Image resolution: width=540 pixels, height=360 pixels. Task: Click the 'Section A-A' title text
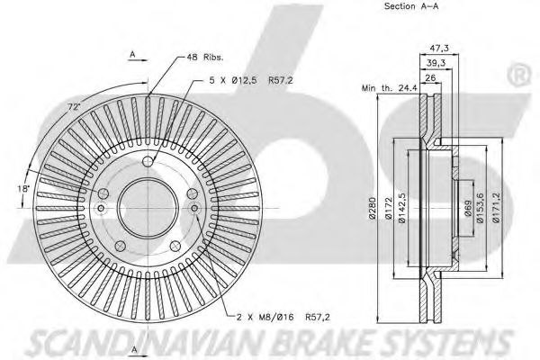pos(411,6)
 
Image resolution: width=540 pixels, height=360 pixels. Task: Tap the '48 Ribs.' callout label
pos(205,58)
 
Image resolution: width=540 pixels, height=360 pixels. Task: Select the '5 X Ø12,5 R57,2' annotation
pos(251,80)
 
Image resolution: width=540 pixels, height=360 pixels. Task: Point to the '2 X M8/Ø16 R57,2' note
pos(283,317)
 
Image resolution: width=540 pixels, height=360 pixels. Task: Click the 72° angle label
pos(74,107)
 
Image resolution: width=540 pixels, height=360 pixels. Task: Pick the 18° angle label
pos(23,188)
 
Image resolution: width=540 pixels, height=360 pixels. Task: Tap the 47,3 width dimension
pos(439,49)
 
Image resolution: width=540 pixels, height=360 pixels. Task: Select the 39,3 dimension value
pos(436,63)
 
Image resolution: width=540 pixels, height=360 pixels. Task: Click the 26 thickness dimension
pos(430,78)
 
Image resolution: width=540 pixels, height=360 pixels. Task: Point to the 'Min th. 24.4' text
pos(389,88)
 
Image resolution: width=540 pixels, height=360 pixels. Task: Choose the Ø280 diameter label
pos(373,209)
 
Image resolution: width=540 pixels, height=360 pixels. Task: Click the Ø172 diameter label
pos(388,208)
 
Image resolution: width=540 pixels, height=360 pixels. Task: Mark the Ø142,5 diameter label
pos(402,208)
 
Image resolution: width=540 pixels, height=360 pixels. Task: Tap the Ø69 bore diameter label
pos(468,208)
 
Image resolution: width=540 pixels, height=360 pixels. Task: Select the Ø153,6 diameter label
pos(481,208)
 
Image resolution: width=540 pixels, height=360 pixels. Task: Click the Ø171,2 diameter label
pos(496,208)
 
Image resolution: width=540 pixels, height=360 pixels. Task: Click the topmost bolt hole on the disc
pos(148,161)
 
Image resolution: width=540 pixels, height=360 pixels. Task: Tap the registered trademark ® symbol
pos(519,76)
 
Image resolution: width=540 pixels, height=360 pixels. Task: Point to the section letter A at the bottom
pos(134,350)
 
